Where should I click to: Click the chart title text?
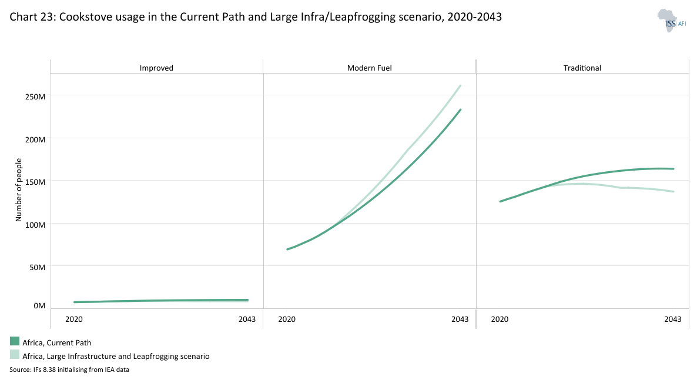click(x=255, y=17)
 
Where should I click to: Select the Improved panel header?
click(x=156, y=68)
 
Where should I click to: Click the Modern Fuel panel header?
click(x=369, y=68)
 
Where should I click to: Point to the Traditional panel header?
click(x=582, y=68)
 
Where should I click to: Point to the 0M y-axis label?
click(x=39, y=306)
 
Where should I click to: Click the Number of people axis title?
click(x=18, y=190)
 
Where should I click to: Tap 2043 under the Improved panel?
click(x=247, y=320)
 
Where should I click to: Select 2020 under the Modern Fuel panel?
click(x=286, y=320)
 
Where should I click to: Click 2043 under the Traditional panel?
click(x=672, y=320)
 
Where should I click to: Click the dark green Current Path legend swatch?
click(x=15, y=342)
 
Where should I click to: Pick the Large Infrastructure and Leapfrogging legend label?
click(x=116, y=356)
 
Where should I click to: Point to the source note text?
click(x=69, y=370)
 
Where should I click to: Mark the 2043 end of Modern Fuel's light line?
click(x=460, y=86)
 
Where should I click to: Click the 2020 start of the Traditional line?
click(x=500, y=202)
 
